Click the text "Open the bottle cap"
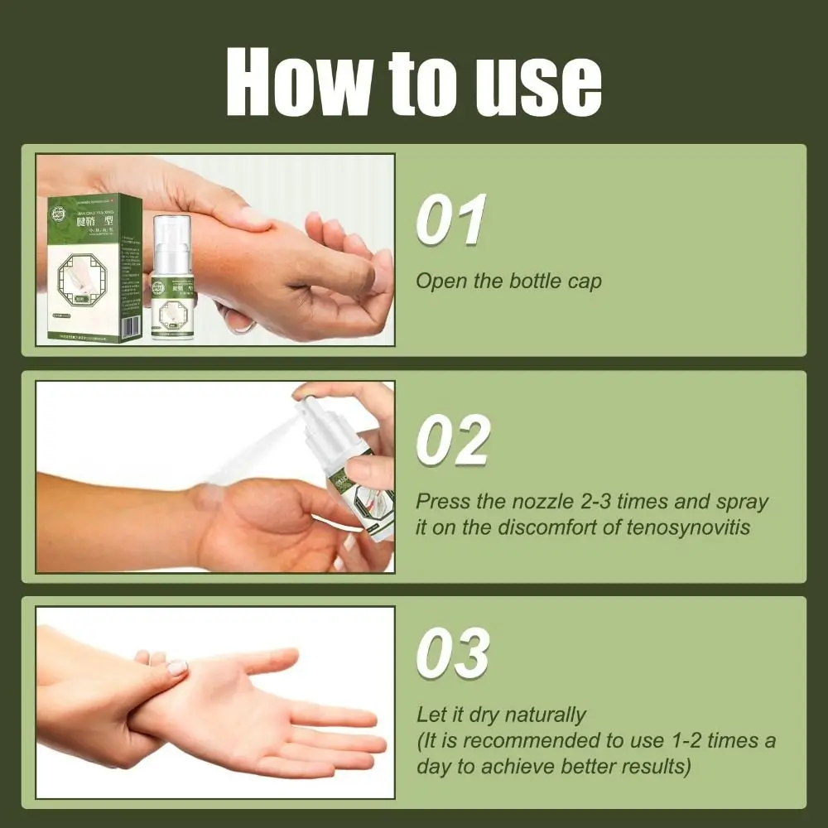click(508, 281)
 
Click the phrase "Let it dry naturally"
click(500, 714)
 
